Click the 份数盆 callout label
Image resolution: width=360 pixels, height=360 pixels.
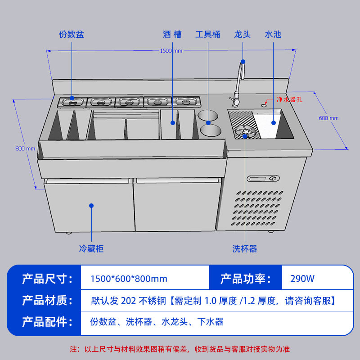[x=72, y=35]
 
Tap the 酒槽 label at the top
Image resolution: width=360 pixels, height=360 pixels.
[x=172, y=35]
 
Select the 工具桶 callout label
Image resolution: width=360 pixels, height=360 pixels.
[x=208, y=35]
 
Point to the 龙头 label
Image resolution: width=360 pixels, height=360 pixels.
[x=242, y=35]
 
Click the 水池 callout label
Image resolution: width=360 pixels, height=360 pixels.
[x=273, y=35]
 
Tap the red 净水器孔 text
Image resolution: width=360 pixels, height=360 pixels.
[x=289, y=99]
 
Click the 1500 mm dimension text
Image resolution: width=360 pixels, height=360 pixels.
[x=171, y=51]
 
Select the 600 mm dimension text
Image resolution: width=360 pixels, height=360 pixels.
[x=328, y=118]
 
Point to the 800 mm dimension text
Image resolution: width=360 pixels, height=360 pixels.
[x=25, y=148]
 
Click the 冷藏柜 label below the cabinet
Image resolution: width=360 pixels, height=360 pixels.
[x=91, y=249]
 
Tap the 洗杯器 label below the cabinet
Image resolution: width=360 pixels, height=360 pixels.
[x=245, y=249]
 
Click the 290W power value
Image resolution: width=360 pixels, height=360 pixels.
[x=302, y=279]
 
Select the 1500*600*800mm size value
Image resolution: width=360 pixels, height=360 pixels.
[x=129, y=279]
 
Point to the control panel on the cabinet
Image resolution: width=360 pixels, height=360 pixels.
[x=263, y=178]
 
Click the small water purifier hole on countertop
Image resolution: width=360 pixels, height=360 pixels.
[x=264, y=105]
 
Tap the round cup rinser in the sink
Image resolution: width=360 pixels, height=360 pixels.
[x=245, y=131]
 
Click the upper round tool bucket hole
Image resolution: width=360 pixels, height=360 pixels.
[x=208, y=115]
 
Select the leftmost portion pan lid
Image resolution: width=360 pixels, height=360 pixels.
[x=72, y=102]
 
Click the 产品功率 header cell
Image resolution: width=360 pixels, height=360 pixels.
[x=246, y=279]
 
